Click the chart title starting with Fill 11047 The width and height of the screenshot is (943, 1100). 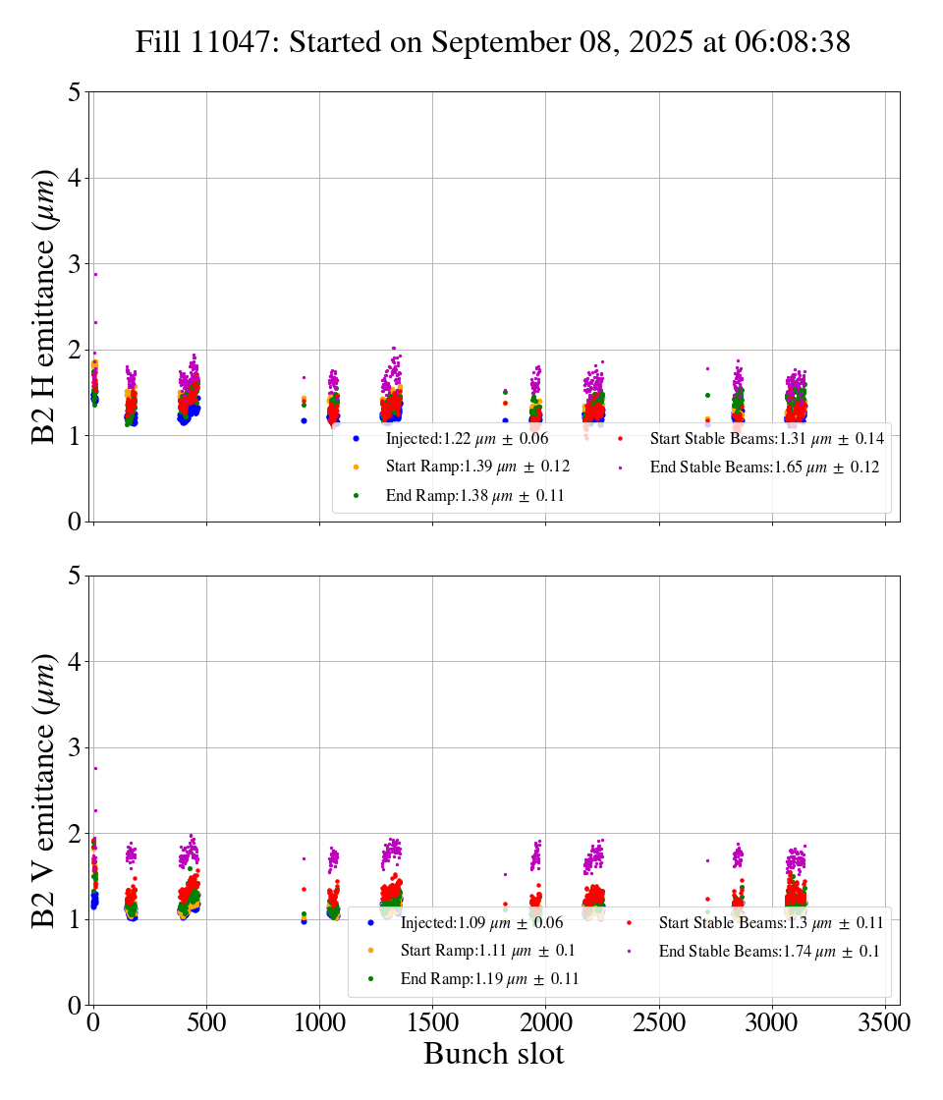click(x=493, y=42)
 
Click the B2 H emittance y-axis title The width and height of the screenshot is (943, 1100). click(x=44, y=306)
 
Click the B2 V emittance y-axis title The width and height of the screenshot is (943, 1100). click(x=44, y=790)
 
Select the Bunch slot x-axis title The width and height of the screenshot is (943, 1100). click(x=493, y=1055)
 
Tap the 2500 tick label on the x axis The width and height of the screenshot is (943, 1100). click(x=659, y=1022)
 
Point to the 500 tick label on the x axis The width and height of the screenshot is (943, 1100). click(x=206, y=1022)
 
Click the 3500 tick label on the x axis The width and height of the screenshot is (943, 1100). click(x=885, y=1022)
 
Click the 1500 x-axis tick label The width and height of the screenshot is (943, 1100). click(x=433, y=1022)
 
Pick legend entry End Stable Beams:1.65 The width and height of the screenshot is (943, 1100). click(x=764, y=467)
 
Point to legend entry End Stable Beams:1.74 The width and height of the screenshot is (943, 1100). click(x=768, y=951)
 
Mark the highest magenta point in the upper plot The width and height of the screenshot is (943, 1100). click(x=95, y=274)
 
